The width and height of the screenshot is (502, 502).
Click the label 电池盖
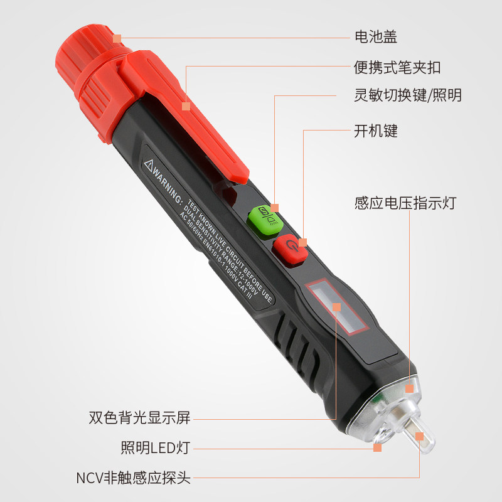[x=375, y=37]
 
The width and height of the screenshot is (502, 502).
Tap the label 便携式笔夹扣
[x=397, y=68]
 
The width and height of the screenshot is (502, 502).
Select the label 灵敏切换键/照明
[x=407, y=95]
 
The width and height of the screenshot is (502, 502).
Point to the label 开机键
[x=375, y=131]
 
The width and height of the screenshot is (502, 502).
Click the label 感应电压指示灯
[x=405, y=203]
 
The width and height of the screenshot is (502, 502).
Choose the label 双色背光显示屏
[x=139, y=417]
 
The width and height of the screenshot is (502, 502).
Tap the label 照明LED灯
[x=156, y=447]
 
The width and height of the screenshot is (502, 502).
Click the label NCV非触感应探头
[x=134, y=478]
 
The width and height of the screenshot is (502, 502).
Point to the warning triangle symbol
[x=148, y=166]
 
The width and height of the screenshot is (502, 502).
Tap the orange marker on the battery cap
[x=117, y=38]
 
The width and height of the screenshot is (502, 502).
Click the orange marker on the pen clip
[x=186, y=106]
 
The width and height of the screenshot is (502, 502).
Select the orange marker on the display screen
[x=336, y=307]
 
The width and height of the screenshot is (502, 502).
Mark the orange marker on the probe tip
[x=419, y=436]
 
